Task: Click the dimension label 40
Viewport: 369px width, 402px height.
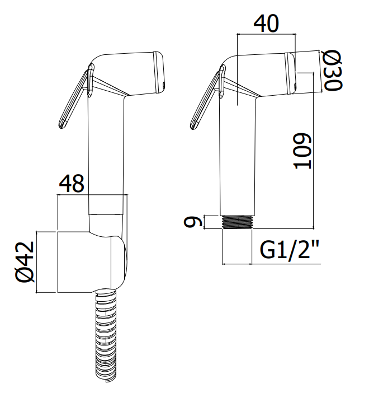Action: (266, 24)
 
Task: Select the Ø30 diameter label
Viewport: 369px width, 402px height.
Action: (333, 70)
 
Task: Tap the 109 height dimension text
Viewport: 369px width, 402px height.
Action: (302, 151)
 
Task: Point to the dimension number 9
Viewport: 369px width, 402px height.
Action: (191, 222)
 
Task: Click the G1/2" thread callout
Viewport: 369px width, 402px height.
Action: (290, 250)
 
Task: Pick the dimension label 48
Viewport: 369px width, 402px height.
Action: (72, 184)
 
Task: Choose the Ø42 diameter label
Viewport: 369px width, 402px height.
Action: (25, 261)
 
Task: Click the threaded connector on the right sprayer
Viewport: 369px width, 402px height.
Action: (238, 222)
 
